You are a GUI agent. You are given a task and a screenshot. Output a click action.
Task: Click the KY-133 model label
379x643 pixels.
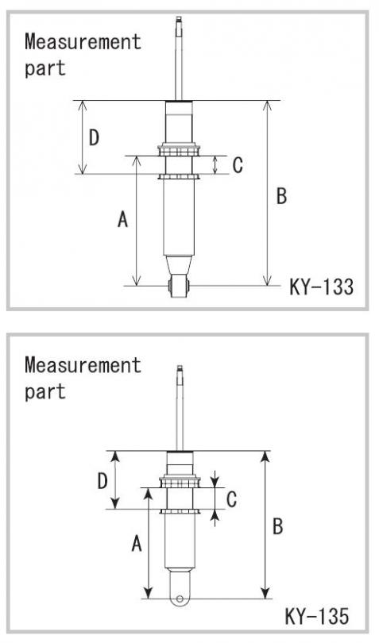(x=321, y=287)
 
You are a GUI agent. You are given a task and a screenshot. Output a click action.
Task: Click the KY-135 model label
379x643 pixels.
(x=316, y=616)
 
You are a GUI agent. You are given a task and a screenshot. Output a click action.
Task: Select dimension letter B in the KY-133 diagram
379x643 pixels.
(x=281, y=195)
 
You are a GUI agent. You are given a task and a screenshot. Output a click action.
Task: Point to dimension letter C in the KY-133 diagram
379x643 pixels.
(x=238, y=165)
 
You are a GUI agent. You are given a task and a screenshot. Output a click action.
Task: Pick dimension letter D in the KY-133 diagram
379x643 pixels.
(x=94, y=137)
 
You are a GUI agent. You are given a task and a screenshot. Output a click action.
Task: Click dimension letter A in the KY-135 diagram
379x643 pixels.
(x=137, y=544)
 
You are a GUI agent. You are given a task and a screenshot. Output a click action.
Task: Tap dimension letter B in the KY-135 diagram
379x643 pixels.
(x=278, y=526)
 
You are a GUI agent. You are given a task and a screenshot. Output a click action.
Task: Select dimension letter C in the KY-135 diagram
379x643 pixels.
(x=231, y=499)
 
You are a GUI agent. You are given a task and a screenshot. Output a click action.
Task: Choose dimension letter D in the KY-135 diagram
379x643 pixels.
(x=102, y=480)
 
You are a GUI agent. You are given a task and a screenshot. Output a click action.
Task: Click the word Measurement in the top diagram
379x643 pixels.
(x=83, y=41)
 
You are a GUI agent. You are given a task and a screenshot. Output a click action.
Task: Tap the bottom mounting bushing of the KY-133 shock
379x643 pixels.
(x=179, y=287)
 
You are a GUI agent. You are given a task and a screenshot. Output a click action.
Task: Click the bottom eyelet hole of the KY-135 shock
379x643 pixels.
(x=180, y=599)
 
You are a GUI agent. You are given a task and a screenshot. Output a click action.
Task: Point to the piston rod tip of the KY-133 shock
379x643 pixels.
(x=179, y=19)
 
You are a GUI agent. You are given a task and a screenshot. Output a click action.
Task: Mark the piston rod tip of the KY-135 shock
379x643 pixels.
(x=180, y=368)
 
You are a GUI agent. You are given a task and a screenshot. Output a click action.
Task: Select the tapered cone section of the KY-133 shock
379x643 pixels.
(x=179, y=265)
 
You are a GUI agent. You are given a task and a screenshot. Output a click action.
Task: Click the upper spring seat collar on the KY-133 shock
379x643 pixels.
(x=179, y=149)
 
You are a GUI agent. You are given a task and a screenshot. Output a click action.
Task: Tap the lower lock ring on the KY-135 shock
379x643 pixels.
(x=180, y=511)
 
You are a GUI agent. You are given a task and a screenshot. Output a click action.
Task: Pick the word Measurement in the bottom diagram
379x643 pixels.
(x=83, y=364)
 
